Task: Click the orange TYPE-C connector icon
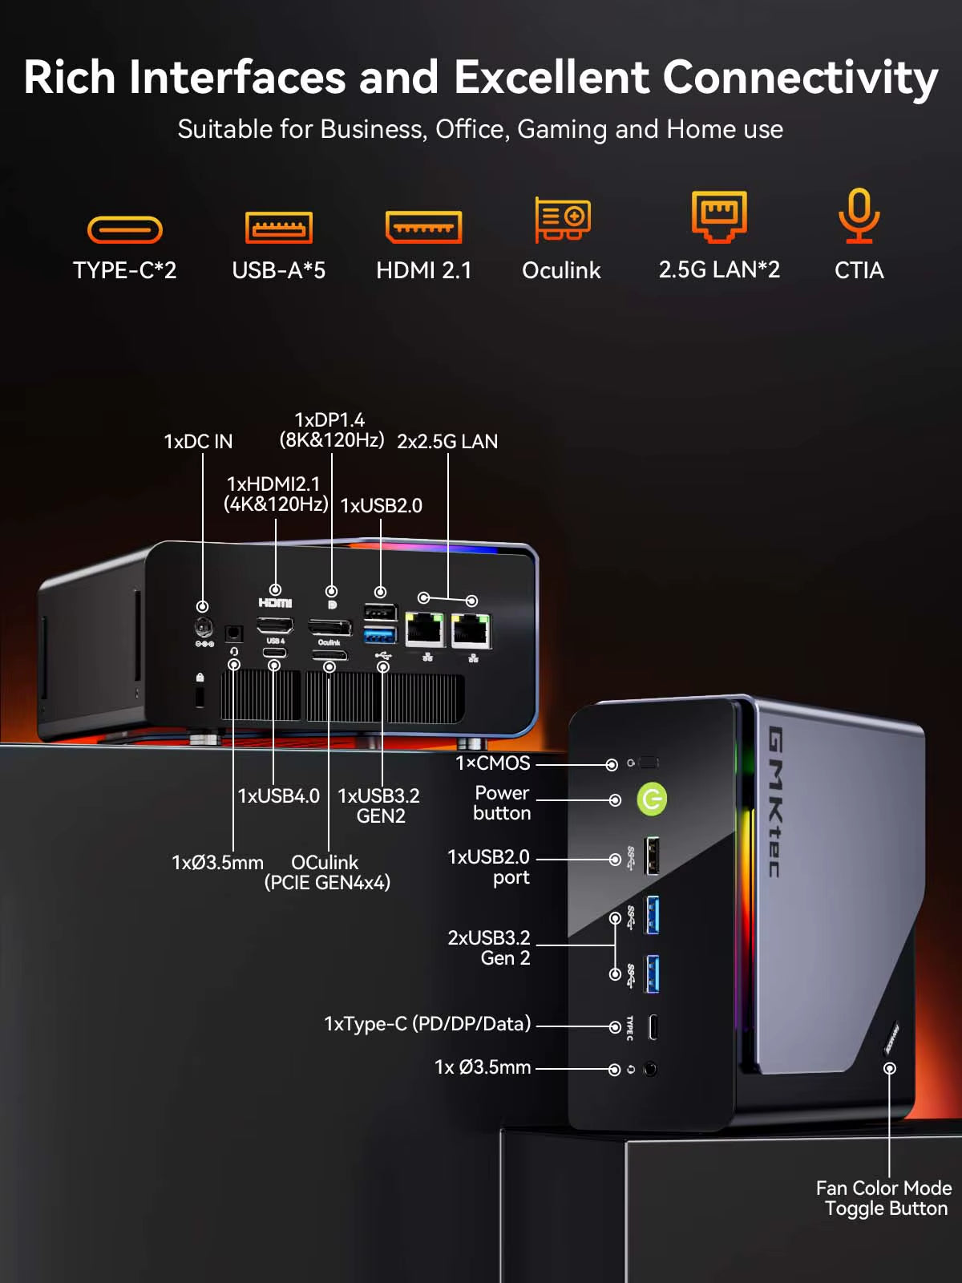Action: [125, 230]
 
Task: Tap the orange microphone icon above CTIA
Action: [859, 215]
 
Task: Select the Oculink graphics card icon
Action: [563, 219]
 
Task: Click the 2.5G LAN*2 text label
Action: [719, 269]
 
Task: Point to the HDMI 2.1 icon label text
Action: [423, 270]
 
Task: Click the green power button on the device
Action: [652, 799]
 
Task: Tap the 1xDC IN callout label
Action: [198, 441]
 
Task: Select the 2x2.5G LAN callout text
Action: [447, 441]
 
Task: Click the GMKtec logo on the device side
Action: [775, 801]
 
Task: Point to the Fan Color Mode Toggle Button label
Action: [884, 1198]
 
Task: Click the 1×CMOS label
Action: [493, 763]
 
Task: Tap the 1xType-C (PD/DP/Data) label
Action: [427, 1024]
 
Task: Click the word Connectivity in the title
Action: [800, 78]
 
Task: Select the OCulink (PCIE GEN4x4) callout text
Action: [327, 872]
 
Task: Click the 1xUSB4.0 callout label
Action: [278, 795]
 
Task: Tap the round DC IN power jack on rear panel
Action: [204, 626]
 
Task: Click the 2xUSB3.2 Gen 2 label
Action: [489, 947]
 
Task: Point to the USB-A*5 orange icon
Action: [278, 228]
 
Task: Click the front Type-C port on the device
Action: [653, 1026]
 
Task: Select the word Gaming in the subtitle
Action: [562, 129]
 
